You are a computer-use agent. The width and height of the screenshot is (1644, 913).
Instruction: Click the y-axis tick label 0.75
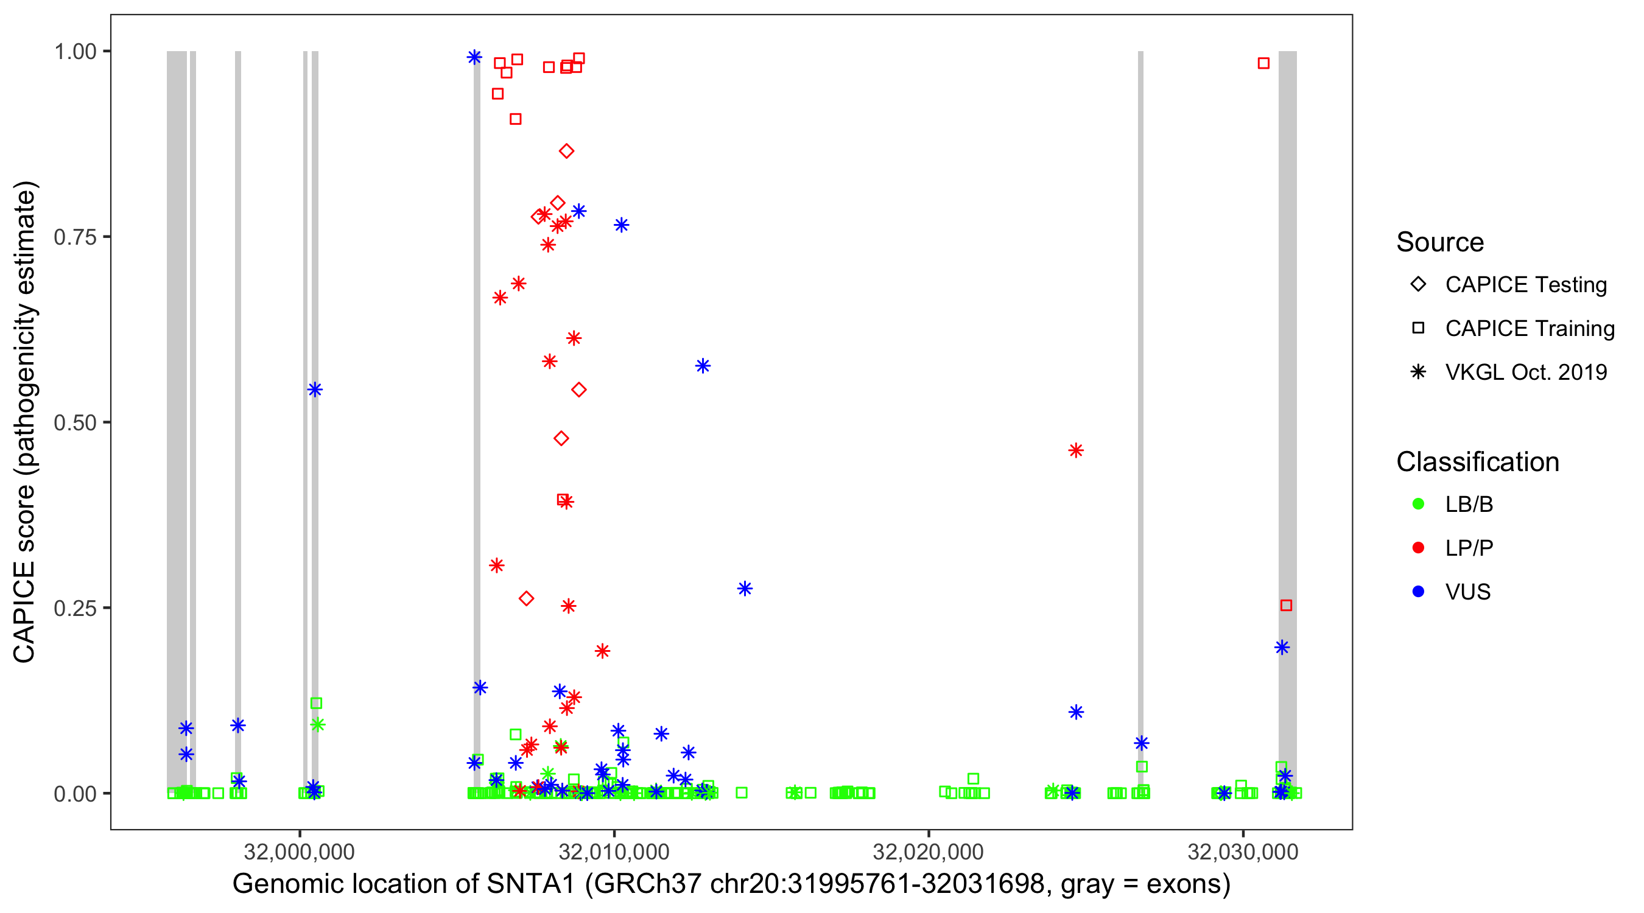tap(74, 237)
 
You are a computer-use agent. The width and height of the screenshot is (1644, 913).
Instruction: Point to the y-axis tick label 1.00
tap(74, 51)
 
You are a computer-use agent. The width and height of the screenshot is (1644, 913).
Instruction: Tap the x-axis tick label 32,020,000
tap(928, 852)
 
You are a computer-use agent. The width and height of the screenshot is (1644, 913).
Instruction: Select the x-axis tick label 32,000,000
tap(300, 852)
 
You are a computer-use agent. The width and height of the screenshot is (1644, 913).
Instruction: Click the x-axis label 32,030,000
tap(1243, 852)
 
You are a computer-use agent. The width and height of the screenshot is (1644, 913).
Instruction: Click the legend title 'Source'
tap(1440, 242)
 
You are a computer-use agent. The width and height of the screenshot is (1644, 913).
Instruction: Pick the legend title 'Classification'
tap(1477, 462)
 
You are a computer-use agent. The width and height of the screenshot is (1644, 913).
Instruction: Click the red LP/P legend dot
tap(1418, 548)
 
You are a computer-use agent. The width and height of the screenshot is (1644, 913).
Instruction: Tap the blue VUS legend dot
tap(1418, 592)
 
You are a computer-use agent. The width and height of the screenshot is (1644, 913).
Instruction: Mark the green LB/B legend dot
tap(1418, 504)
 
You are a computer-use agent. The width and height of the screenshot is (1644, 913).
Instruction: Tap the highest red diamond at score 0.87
tap(566, 151)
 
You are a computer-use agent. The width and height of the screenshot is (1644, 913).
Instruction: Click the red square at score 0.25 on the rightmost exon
tap(1286, 606)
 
